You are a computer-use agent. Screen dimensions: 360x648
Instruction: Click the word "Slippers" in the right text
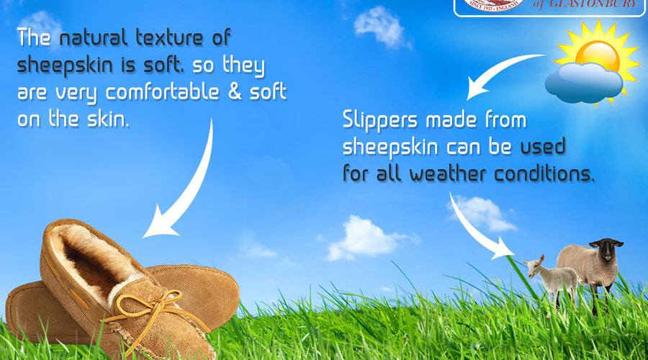382,120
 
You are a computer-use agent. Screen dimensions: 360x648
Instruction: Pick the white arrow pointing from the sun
504,72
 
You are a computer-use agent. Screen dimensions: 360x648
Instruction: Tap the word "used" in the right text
543,147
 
